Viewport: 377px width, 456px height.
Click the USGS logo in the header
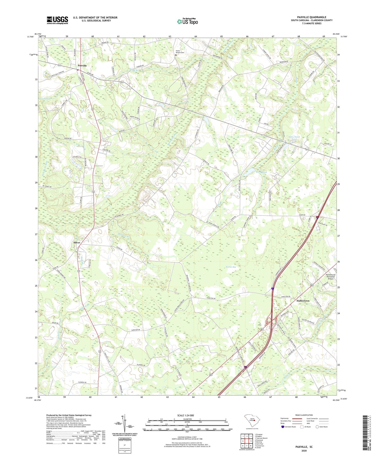tap(57, 20)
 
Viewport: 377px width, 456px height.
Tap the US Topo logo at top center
tap(187, 21)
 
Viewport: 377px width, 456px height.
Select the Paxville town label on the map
tap(82, 66)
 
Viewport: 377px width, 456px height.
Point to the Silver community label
tap(77, 243)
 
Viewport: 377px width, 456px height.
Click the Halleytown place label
tap(303, 301)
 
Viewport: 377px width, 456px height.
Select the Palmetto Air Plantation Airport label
tap(331, 277)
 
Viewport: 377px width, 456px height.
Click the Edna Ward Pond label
tap(294, 138)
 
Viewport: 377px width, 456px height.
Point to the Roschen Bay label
tap(231, 267)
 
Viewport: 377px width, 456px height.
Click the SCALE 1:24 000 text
tap(185, 416)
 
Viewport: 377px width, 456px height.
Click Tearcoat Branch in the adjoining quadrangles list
tap(261, 438)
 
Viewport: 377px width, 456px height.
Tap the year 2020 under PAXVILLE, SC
tap(304, 451)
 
